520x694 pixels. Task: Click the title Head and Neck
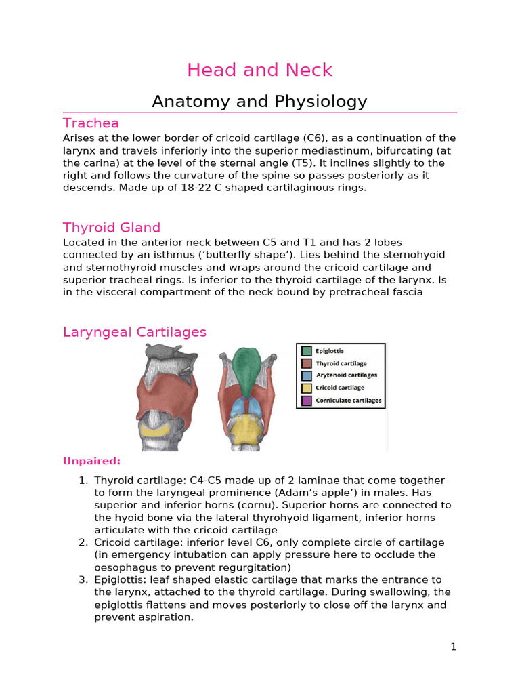click(x=259, y=70)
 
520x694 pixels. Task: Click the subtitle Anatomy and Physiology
click(x=259, y=102)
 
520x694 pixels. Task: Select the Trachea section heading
click(x=91, y=123)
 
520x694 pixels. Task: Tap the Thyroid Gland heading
click(x=112, y=227)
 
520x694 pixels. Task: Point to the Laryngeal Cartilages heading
click(x=135, y=332)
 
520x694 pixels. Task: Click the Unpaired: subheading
click(x=91, y=461)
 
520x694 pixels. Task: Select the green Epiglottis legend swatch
click(x=307, y=351)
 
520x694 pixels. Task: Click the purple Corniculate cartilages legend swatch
click(x=307, y=401)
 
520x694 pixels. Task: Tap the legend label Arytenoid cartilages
click(x=347, y=375)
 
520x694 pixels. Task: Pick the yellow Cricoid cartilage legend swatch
click(x=307, y=388)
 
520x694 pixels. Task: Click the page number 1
click(x=454, y=647)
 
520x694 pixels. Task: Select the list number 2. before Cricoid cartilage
click(x=83, y=542)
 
